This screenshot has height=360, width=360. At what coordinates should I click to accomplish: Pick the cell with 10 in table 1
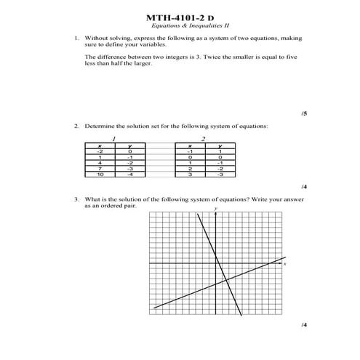point(100,175)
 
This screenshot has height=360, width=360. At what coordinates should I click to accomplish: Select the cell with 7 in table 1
point(100,169)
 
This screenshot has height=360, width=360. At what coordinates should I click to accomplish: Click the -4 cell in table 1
point(129,175)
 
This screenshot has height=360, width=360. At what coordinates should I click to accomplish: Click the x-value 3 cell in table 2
point(190,175)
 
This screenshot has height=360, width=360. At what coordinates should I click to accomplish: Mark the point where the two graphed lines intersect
point(227,280)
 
